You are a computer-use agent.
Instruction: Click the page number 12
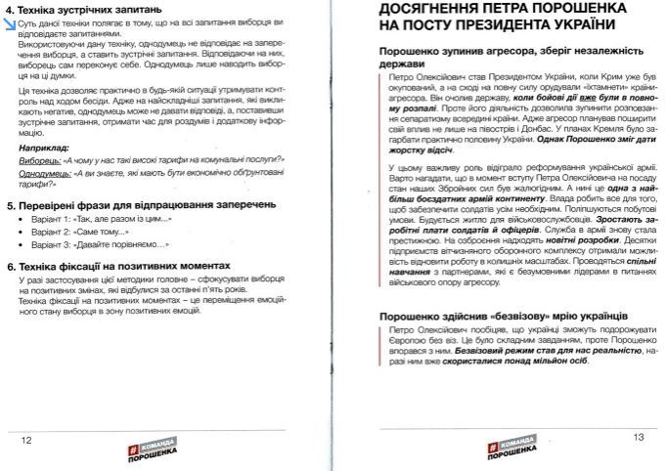pos(27,439)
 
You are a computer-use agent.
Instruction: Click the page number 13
pos(638,437)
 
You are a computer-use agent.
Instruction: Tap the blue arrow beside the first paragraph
pos(10,23)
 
